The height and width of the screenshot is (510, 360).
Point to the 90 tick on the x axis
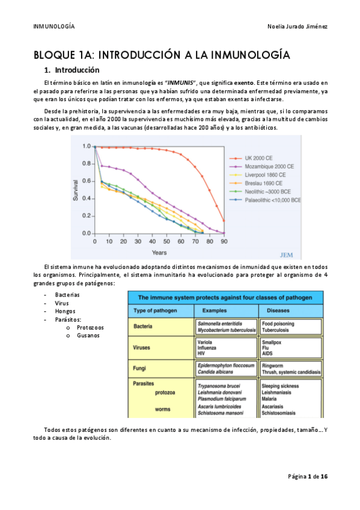tap(224, 242)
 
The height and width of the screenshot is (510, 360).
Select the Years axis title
tap(159, 252)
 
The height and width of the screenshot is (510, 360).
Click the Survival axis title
tap(76, 189)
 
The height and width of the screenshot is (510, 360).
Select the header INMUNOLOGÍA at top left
tap(55, 27)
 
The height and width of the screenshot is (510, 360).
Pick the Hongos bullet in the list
tap(66, 312)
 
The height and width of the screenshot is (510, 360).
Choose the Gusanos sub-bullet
tap(90, 335)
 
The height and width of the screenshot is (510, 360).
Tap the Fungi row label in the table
tap(141, 367)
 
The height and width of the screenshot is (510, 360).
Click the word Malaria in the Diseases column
tap(272, 398)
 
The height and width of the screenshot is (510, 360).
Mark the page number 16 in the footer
tap(324, 476)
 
